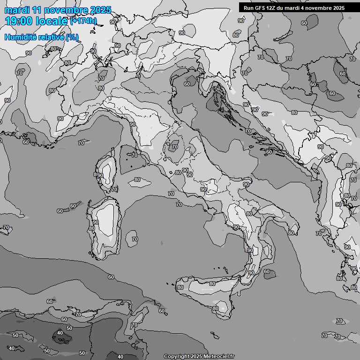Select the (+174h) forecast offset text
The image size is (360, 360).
tap(83, 21)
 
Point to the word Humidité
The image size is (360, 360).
tap(21, 37)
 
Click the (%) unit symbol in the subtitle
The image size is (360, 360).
tap(73, 37)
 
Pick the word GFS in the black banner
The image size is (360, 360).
tap(261, 8)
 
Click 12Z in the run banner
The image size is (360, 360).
tap(275, 8)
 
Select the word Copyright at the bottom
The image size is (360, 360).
tap(177, 356)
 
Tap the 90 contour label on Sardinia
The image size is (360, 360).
tap(95, 222)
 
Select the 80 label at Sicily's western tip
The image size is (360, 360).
tap(180, 287)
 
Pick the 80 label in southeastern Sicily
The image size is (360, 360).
tap(215, 308)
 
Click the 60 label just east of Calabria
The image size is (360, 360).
tap(267, 271)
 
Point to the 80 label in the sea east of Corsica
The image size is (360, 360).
tap(137, 180)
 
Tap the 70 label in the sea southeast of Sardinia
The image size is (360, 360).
tap(135, 239)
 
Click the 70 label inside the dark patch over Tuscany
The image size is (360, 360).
tap(174, 147)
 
